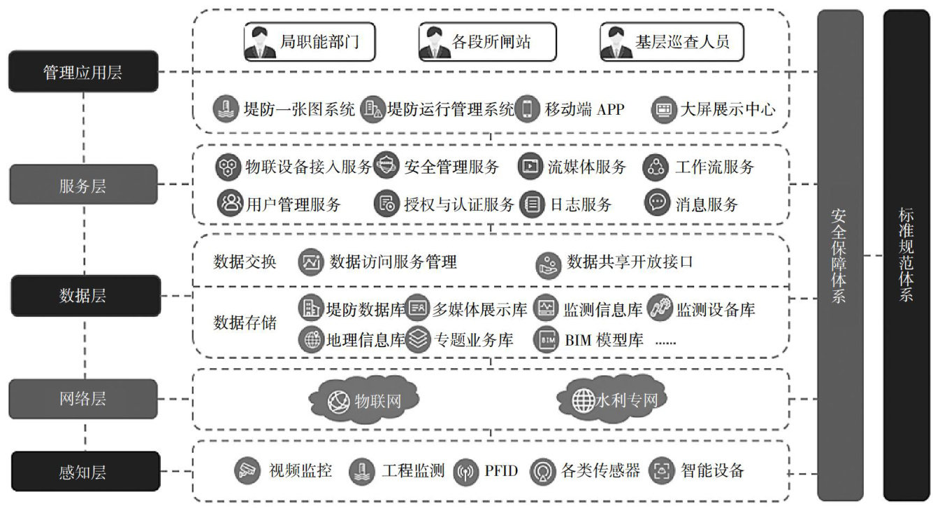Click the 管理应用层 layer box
click(x=83, y=71)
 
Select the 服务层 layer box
click(x=83, y=185)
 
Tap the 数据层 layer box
click(x=83, y=295)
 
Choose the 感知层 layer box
click(x=83, y=472)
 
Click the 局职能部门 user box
click(x=310, y=42)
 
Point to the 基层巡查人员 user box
click(x=670, y=42)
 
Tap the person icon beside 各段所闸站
click(x=435, y=43)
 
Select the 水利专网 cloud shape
click(x=609, y=400)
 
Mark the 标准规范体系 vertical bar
click(x=906, y=255)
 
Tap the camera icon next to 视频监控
click(x=245, y=470)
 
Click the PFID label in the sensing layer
click(x=500, y=470)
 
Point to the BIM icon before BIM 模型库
click(x=547, y=340)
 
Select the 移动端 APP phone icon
click(x=528, y=110)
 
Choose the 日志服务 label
click(x=581, y=204)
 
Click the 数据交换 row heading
click(x=245, y=262)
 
